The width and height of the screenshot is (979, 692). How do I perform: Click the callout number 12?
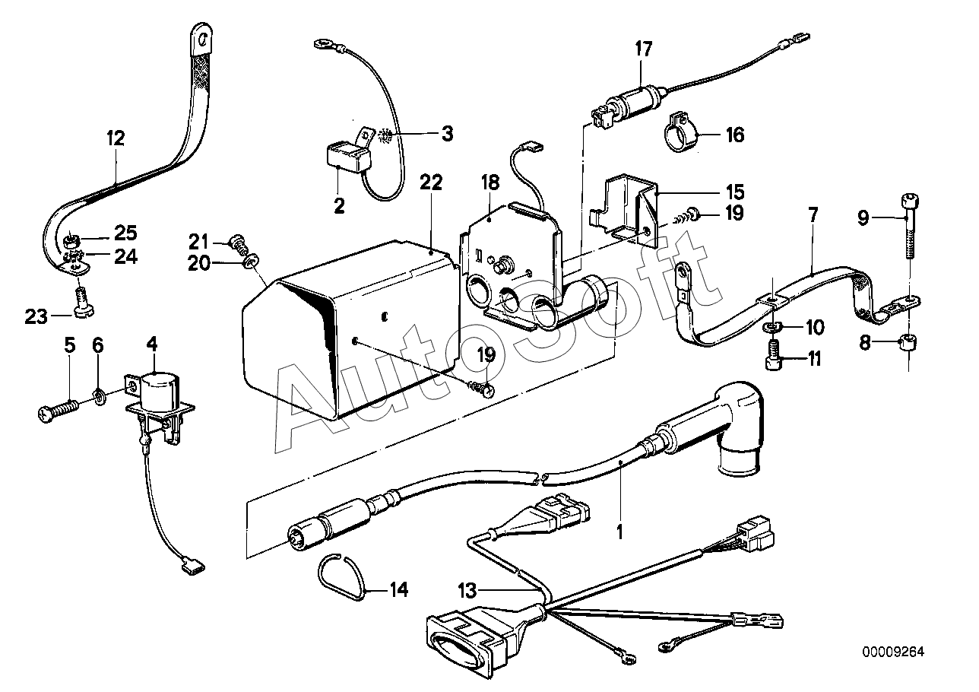(116, 138)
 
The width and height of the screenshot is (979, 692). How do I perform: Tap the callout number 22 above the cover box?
(431, 183)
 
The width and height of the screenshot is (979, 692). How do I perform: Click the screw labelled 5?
(58, 408)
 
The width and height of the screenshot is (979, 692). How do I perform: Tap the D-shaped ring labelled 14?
(341, 576)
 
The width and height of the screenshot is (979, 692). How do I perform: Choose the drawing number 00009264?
(893, 652)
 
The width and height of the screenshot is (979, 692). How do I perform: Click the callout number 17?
(643, 49)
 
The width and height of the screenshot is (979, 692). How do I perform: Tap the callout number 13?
(467, 591)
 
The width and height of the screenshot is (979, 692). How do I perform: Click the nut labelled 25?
(71, 240)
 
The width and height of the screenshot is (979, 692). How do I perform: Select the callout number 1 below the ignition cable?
(619, 532)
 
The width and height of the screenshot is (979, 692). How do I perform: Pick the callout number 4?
(151, 344)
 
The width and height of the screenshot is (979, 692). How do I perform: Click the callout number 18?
(490, 183)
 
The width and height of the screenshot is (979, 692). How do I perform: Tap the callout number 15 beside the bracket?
(735, 192)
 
